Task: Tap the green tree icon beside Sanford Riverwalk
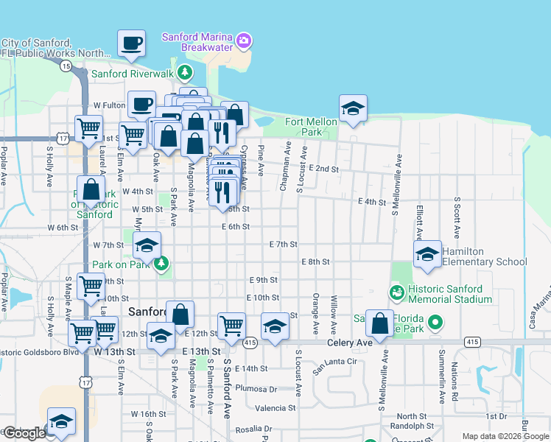[x=184, y=73]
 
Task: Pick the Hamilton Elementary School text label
[x=484, y=256]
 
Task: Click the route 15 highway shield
[x=66, y=66]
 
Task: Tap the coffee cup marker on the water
[x=132, y=43]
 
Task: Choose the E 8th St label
[x=315, y=262]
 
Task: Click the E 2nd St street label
[x=324, y=169]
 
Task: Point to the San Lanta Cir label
[x=334, y=362]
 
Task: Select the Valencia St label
[x=275, y=407]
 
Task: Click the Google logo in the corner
[x=24, y=433]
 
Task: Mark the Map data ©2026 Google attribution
[x=504, y=436]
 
